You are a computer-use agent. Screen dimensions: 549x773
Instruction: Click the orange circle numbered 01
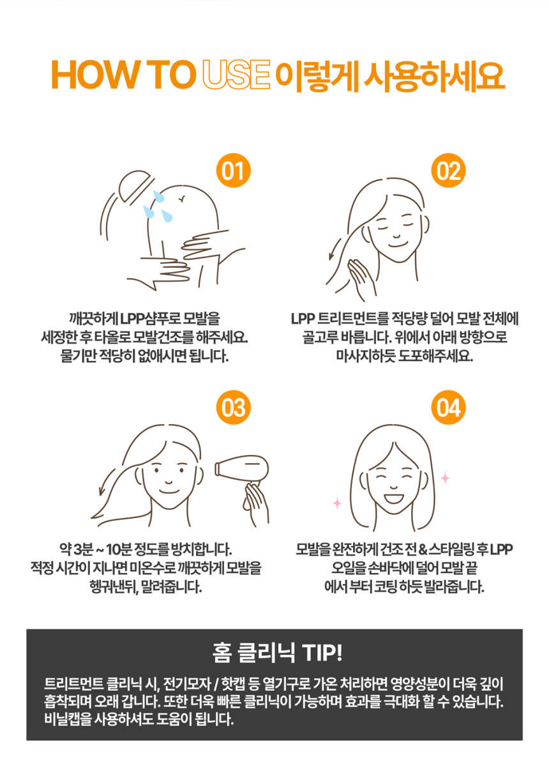[233, 171]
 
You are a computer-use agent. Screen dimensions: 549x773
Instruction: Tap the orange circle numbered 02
[448, 171]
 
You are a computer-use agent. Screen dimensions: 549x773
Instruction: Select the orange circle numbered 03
[233, 407]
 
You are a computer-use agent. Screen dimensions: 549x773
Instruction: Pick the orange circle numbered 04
[448, 407]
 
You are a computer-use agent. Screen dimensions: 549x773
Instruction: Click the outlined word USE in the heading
[236, 75]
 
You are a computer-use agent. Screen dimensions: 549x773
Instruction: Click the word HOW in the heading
[94, 75]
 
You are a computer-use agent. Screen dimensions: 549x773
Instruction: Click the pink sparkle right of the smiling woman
[445, 478]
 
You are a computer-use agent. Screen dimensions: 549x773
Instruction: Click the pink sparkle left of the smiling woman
[337, 503]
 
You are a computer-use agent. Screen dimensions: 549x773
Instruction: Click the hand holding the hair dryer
[256, 505]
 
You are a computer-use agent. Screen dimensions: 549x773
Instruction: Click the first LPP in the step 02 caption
[303, 319]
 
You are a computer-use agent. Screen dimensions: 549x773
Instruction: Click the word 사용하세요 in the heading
[435, 75]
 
